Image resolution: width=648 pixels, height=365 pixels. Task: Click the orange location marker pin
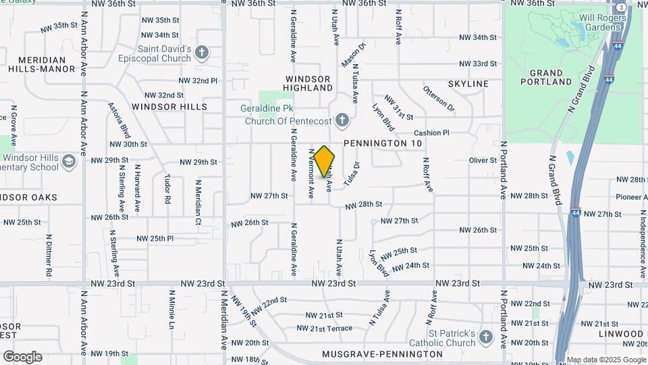point(325,161)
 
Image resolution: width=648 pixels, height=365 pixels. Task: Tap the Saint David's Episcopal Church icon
point(201,53)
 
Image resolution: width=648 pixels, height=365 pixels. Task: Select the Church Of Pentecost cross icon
point(342,121)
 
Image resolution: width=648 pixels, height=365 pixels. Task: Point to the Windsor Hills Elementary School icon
point(68,162)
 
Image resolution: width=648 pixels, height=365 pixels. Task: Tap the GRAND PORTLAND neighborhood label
point(546,77)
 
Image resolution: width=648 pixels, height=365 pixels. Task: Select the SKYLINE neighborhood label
point(468,84)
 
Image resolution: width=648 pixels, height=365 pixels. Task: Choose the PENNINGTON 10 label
point(383,144)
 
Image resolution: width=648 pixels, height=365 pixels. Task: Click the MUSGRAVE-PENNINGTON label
point(382,354)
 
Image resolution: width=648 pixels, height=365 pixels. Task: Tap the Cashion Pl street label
point(431,133)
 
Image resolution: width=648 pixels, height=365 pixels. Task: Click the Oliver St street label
point(483,160)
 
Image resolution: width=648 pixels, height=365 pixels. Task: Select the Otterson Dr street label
point(439,99)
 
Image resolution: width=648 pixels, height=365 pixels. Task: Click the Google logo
point(22,357)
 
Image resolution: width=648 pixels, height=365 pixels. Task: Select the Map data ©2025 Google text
point(605,360)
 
